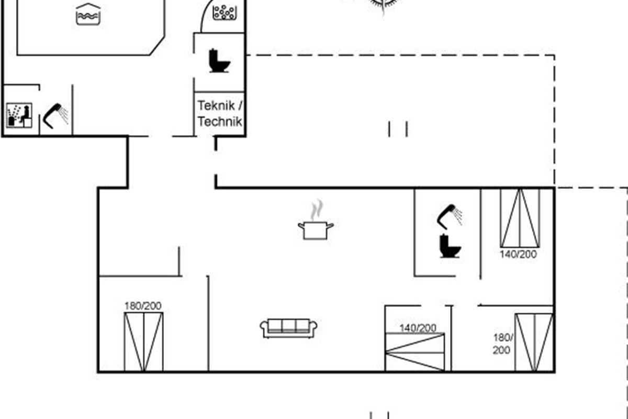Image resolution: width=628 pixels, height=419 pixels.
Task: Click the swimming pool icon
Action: tap(88, 14)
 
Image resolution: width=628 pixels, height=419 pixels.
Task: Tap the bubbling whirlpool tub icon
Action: tap(225, 13)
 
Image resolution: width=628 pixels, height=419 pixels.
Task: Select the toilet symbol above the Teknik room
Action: tap(219, 61)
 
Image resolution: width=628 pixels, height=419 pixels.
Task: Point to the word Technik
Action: tap(220, 122)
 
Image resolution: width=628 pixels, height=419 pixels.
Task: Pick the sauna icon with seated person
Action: tap(19, 115)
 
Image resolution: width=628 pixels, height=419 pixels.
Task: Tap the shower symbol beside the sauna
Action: tap(55, 116)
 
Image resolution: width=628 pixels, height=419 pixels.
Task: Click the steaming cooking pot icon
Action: tap(316, 219)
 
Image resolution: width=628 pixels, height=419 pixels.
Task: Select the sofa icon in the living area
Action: tap(288, 328)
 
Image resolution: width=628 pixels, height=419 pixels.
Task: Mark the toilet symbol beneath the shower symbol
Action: tap(450, 246)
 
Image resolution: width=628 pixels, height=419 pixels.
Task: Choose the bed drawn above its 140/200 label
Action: tap(520, 218)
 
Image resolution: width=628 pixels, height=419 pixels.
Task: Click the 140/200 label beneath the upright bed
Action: tap(519, 254)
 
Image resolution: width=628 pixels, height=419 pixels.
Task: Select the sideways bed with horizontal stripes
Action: tap(415, 352)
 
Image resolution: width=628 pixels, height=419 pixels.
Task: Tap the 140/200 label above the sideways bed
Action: tap(418, 328)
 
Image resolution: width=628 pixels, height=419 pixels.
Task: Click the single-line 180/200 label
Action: tap(143, 306)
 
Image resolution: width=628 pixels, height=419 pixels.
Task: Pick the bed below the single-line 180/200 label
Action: tap(143, 342)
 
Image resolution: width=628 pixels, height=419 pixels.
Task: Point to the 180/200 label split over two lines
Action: tap(503, 344)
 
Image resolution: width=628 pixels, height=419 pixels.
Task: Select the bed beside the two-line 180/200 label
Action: tap(534, 343)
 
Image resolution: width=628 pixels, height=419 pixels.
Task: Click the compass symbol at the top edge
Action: tap(384, 5)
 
